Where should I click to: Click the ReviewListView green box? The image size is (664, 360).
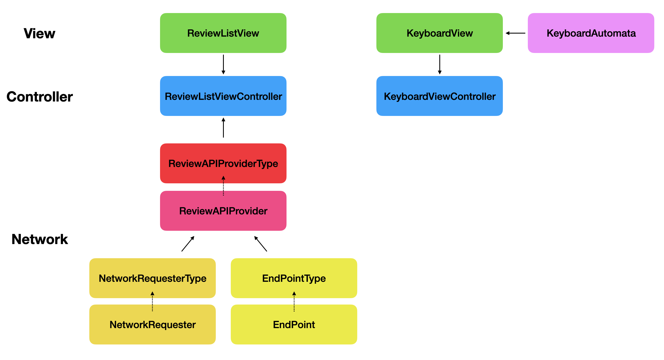pos(223,33)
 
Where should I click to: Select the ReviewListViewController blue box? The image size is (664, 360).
pos(223,96)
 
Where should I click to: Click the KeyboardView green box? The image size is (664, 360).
pos(439,33)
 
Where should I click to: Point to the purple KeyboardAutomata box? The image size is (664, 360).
pos(591,33)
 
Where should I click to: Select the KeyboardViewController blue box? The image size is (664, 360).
pos(439,96)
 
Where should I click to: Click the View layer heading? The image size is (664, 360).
pos(39,34)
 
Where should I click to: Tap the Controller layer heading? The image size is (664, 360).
pos(39,97)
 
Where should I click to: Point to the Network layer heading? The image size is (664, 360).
pos(40,239)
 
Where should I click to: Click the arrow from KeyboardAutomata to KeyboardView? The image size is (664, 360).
pos(515,33)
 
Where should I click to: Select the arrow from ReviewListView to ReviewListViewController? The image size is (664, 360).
pos(223,64)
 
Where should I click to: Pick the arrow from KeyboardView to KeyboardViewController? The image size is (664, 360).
pos(440,64)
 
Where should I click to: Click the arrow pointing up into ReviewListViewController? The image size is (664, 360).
pos(223,128)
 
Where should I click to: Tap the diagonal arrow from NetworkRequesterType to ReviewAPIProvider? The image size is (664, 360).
pos(188,244)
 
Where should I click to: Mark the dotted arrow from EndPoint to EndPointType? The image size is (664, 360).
pos(294,301)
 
